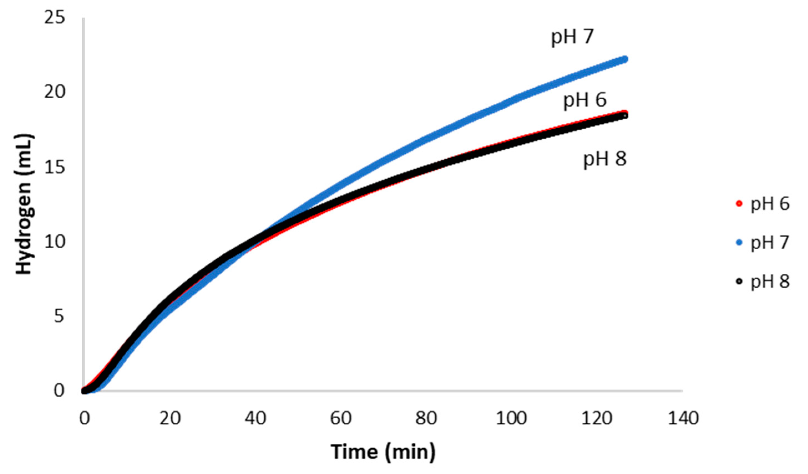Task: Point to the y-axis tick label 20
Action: coord(55,92)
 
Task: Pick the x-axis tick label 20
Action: coord(170,419)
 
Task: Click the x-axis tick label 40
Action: coord(255,419)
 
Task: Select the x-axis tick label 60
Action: coord(341,419)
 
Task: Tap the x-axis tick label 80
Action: coord(426,419)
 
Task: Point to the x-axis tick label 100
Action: coord(511,419)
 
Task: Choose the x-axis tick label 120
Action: coord(597,419)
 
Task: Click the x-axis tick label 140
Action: coord(683,419)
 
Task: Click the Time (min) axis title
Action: coord(383,452)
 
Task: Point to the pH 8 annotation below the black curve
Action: coord(604,159)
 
